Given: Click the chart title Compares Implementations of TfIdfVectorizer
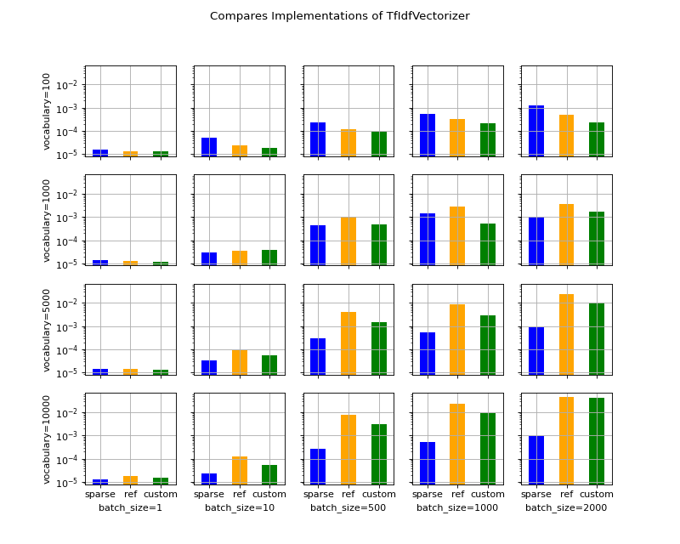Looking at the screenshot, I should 339,16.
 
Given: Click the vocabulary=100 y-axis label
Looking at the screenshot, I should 48,110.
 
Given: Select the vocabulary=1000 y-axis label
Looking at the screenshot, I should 48,220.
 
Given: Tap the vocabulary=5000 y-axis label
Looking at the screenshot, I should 48,329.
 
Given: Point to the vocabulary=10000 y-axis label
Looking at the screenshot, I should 48,439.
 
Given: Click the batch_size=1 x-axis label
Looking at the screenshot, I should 130,507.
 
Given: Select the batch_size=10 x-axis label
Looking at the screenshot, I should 239,507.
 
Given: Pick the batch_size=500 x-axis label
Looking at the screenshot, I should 348,507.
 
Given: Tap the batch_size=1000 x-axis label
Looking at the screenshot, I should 457,507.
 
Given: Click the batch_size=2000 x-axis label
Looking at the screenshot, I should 566,507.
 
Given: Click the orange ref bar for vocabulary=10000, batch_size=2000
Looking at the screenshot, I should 566,440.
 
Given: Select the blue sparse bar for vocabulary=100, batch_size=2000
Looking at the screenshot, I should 536,131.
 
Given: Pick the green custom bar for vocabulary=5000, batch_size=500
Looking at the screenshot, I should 378,348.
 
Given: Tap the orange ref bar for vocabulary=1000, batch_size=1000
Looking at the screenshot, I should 457,235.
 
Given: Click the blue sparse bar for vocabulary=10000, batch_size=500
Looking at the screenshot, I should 318,467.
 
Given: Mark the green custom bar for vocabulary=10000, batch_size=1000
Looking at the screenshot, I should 488,448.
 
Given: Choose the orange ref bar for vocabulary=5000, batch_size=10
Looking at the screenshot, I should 240,362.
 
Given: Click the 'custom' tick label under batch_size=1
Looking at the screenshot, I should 161,494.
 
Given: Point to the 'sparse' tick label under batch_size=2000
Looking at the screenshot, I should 536,494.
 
